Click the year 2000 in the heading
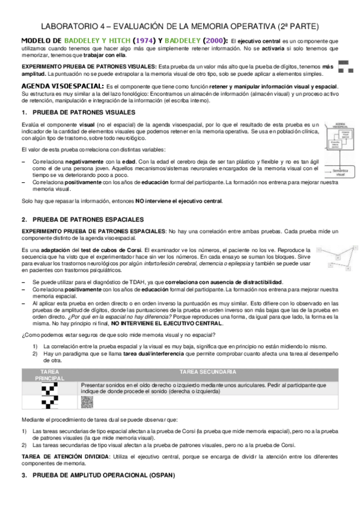point(217,40)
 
